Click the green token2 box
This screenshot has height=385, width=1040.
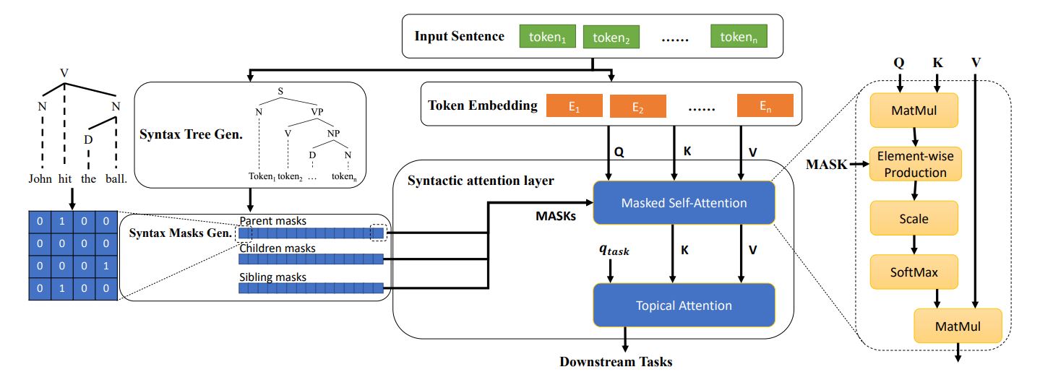click(610, 37)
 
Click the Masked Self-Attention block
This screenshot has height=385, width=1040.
click(683, 203)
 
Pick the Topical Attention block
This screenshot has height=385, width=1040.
click(683, 305)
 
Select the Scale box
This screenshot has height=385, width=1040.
click(914, 218)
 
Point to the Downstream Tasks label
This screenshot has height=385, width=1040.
click(616, 362)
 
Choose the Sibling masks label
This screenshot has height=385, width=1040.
click(273, 277)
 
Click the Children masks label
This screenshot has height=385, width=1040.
click(278, 248)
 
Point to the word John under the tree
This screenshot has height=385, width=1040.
click(40, 179)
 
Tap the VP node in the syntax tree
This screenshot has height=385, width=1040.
click(317, 112)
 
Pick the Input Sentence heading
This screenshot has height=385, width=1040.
click(459, 36)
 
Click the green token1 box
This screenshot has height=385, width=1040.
click(547, 36)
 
